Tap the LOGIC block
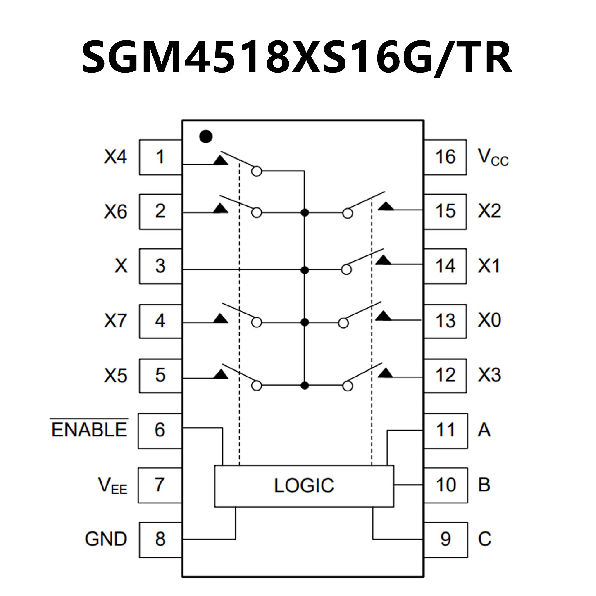point(304,485)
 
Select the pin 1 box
point(160,157)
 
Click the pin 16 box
point(445,157)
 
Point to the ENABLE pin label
point(89,430)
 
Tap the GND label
point(106,539)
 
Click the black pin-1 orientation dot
point(206,137)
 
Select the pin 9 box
point(445,540)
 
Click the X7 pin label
point(115,321)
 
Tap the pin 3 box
point(160,266)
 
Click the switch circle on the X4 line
point(257,171)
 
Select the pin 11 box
point(445,430)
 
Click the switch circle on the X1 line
point(346,270)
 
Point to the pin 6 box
point(160,430)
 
